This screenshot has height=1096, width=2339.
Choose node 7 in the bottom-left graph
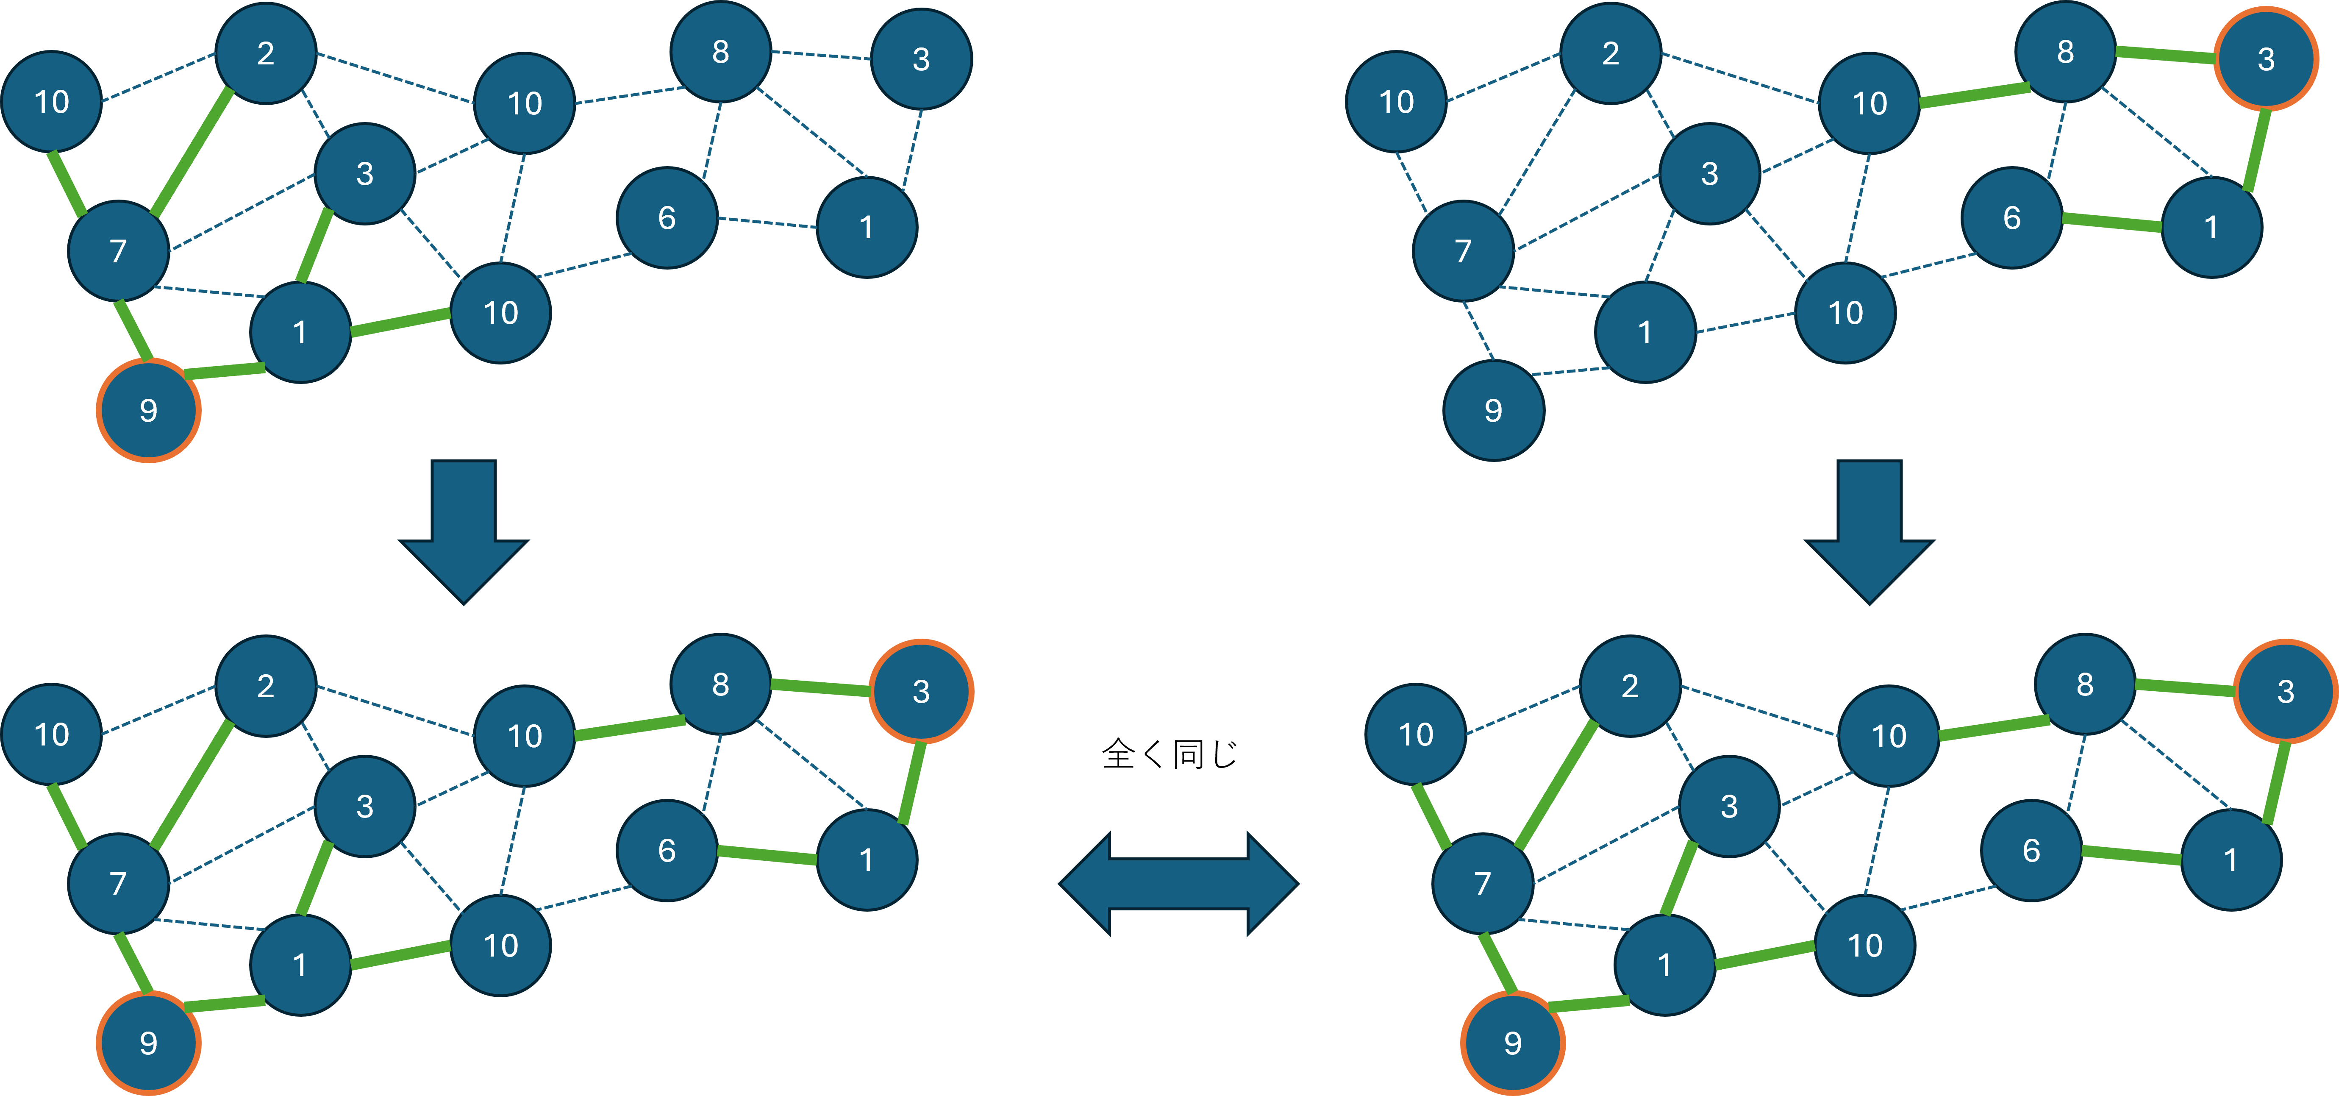[118, 883]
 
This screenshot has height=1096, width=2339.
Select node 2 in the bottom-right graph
[1630, 686]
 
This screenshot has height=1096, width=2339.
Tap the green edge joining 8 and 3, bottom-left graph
[820, 687]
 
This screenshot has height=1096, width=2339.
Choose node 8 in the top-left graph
[720, 52]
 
